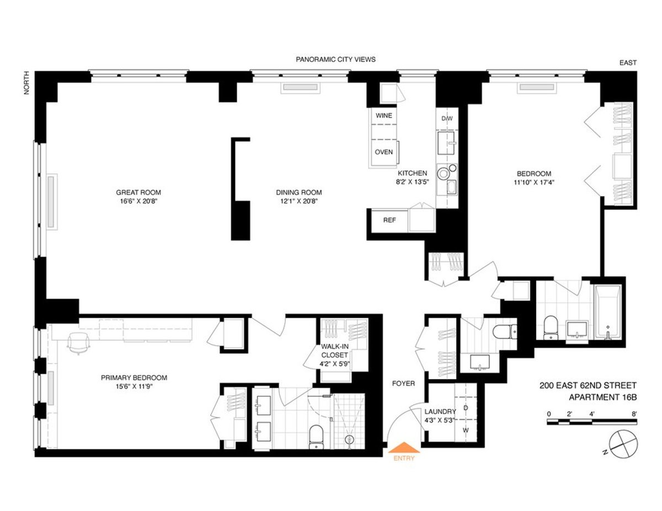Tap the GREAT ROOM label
pyautogui.click(x=138, y=192)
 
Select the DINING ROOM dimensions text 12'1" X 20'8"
pyautogui.click(x=298, y=201)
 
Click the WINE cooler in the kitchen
pyautogui.click(x=384, y=116)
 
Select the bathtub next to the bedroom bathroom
pyautogui.click(x=607, y=311)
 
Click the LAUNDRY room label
pyautogui.click(x=440, y=412)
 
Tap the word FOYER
pyautogui.click(x=403, y=383)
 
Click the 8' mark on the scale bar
pyautogui.click(x=634, y=413)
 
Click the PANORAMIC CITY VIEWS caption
pyautogui.click(x=335, y=60)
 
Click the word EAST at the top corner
pyautogui.click(x=628, y=63)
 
